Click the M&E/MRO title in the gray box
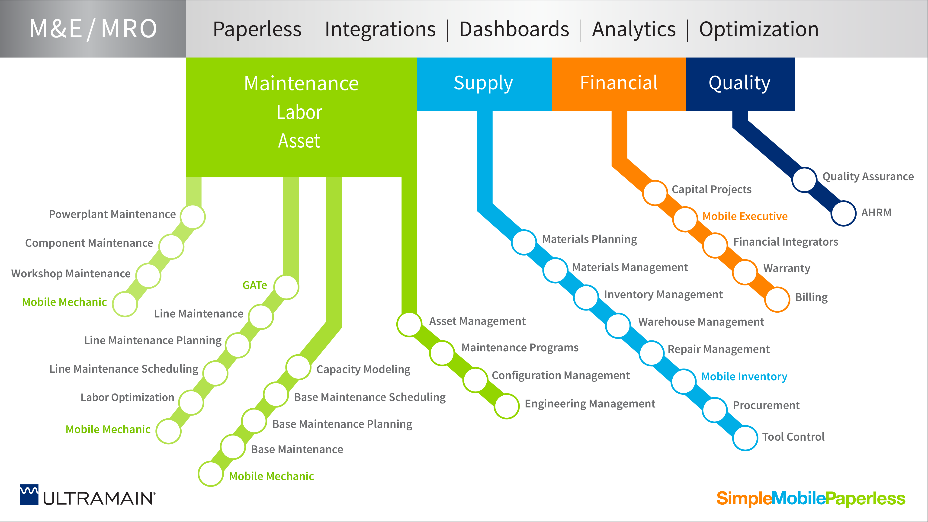coord(93,29)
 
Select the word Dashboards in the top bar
coord(514,29)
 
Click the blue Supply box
coord(484,84)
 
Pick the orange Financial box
coord(619,84)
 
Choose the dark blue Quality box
coord(740,84)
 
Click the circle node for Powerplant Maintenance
coord(193,217)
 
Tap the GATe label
coord(255,285)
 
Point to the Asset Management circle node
coord(409,324)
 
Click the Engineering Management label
coord(590,404)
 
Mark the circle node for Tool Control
coord(745,438)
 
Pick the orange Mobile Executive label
coord(745,216)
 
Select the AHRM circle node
coord(843,213)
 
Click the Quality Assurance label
coord(868,176)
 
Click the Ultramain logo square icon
coord(29,495)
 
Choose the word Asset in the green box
coord(299,141)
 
